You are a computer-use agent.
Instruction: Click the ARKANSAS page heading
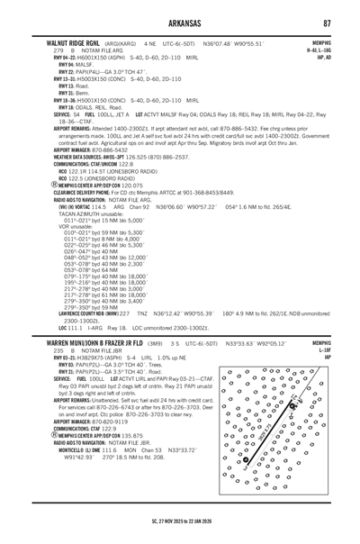(x=180, y=22)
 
